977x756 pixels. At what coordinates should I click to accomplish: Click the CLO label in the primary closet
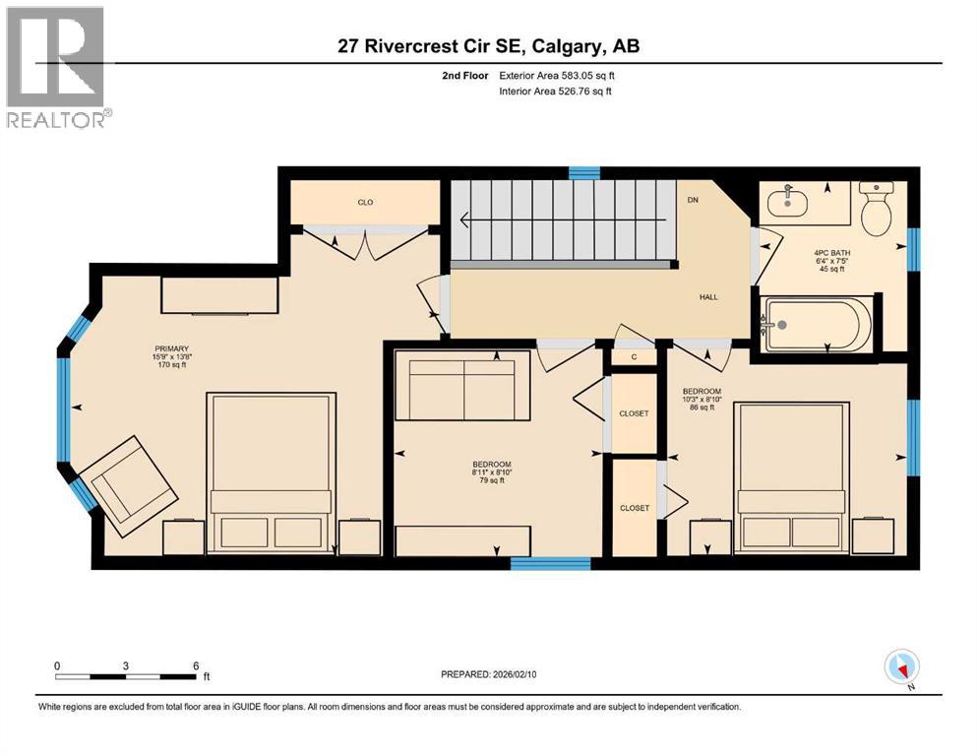(365, 202)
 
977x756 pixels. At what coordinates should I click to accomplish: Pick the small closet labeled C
(635, 355)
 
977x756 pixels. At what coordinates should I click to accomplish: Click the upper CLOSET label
(635, 413)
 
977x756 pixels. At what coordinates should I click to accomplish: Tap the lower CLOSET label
(635, 508)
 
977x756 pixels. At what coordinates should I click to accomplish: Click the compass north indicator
(902, 667)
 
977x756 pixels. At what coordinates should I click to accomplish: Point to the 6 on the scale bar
(197, 665)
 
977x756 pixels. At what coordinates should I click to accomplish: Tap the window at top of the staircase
(584, 173)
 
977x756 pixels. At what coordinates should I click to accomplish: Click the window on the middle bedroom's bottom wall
(550, 563)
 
